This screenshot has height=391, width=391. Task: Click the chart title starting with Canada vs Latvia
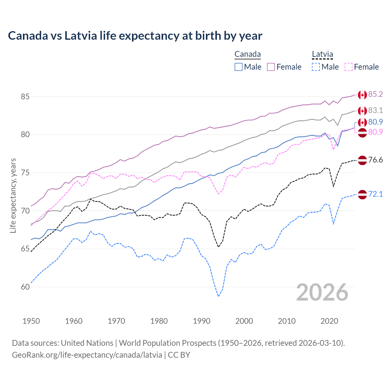(135, 36)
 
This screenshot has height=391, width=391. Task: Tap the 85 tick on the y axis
(25, 97)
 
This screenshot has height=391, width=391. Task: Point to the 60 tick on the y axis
(25, 287)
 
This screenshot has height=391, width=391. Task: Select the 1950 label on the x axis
(31, 321)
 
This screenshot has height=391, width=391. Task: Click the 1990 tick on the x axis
(202, 321)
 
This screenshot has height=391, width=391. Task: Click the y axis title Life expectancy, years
(13, 195)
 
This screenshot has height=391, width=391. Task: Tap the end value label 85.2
(375, 94)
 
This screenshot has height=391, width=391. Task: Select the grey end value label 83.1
(375, 110)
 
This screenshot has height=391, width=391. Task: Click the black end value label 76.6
(375, 160)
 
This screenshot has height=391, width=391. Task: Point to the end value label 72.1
(375, 194)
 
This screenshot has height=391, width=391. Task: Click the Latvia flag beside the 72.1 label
(362, 195)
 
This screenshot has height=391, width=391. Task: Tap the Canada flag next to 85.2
(362, 95)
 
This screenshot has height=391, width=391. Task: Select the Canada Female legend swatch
(271, 67)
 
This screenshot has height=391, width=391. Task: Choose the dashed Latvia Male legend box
(316, 67)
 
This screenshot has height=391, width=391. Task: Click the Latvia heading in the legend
(322, 54)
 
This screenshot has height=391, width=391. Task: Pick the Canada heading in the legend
(247, 54)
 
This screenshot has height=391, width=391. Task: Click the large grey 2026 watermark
(322, 292)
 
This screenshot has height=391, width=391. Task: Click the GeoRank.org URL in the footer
(87, 355)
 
